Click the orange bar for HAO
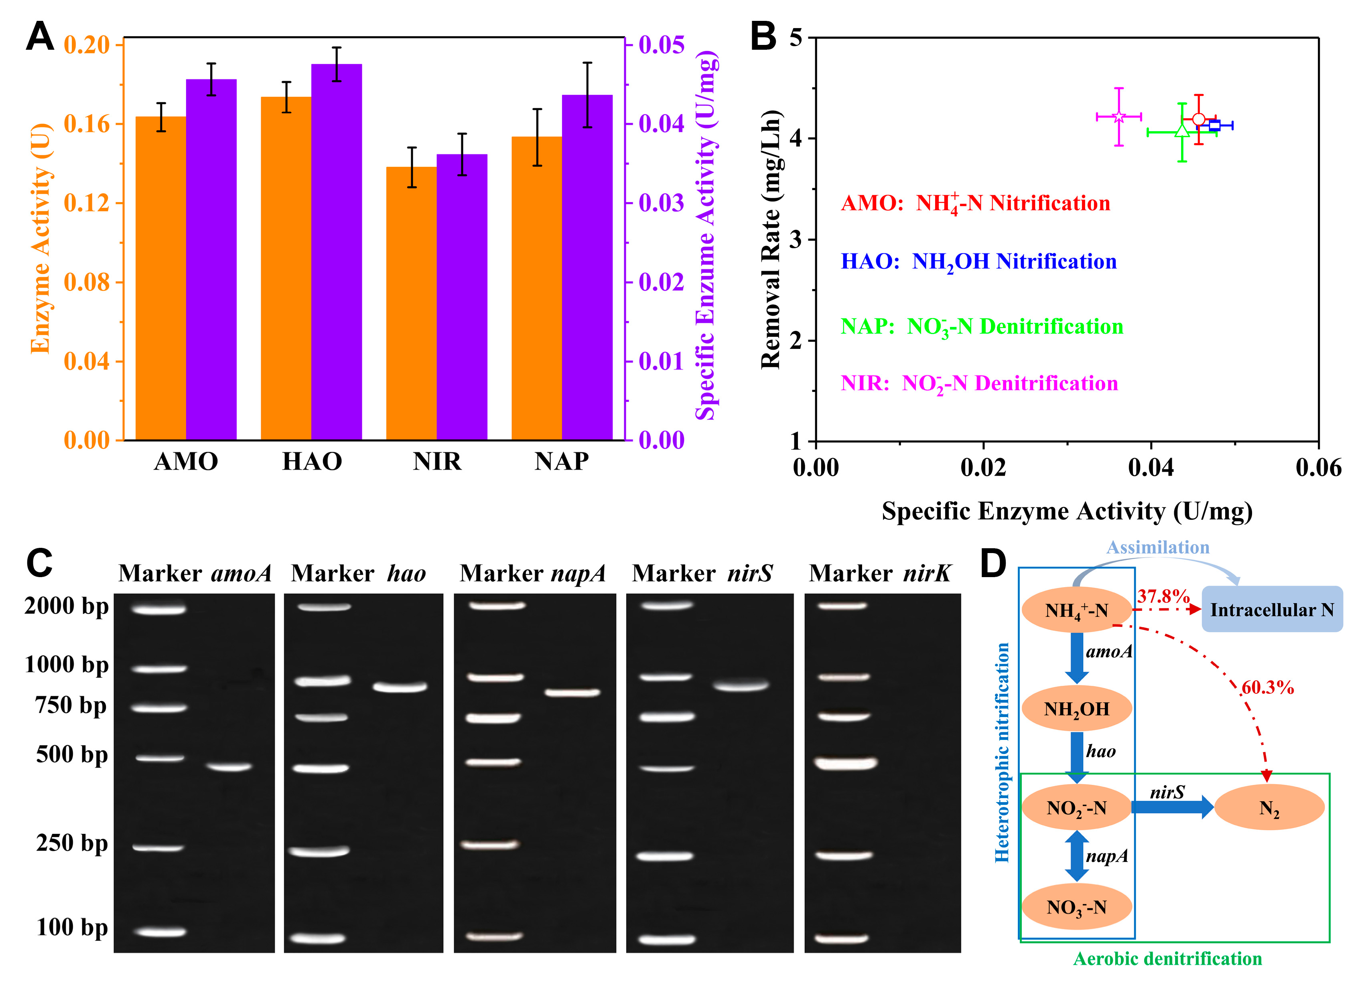286,269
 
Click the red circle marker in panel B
1198,120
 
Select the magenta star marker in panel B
1119,117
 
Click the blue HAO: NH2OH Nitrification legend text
978,261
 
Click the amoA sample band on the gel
229,767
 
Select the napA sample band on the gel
572,693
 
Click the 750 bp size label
71,705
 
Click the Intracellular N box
1272,610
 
